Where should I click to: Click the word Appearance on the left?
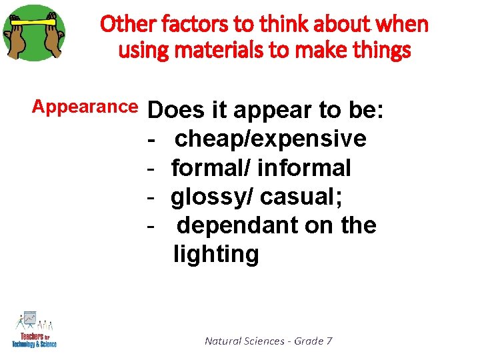coord(85,107)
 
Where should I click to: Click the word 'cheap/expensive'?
coord(270,139)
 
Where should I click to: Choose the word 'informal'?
coord(303,167)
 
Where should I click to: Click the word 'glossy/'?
coord(212,197)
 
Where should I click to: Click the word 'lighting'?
coord(216,254)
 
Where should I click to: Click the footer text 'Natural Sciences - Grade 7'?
coord(268,341)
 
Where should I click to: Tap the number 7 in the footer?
coord(329,341)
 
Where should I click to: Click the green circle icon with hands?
coord(34,33)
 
